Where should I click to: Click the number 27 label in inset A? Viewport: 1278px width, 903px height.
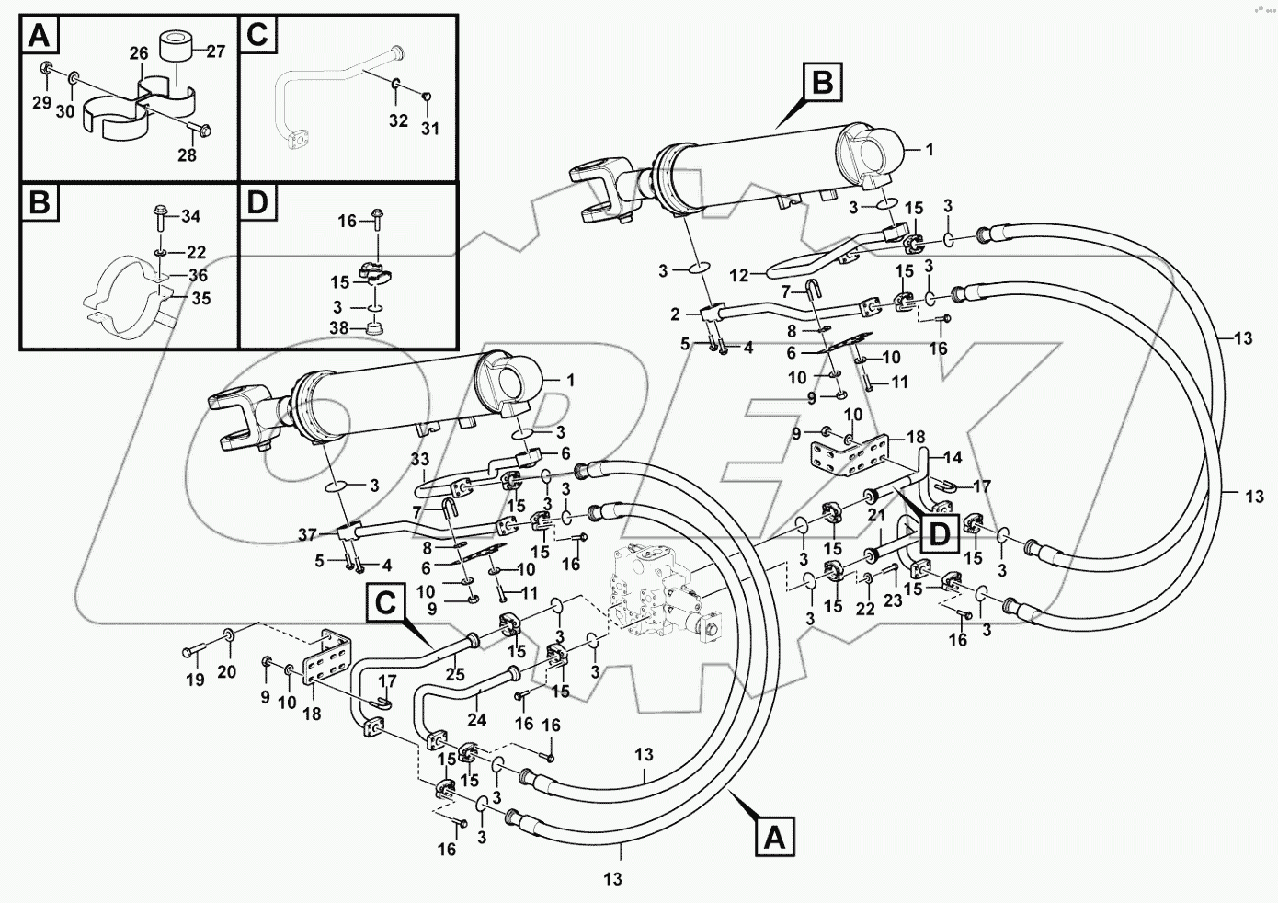point(215,51)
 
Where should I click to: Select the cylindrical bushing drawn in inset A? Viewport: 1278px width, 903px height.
point(175,53)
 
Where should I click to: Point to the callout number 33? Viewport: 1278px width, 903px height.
point(420,459)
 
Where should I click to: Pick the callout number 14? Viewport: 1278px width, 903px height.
point(952,457)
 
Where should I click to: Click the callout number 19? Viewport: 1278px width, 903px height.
point(195,680)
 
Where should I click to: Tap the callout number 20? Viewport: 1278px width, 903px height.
point(226,672)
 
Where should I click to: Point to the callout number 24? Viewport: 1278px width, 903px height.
point(476,721)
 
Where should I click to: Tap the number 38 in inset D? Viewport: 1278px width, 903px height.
point(337,326)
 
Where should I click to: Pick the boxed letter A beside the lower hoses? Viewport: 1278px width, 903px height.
point(774,839)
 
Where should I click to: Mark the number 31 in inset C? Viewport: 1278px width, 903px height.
point(430,128)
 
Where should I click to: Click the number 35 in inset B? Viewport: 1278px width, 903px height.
point(200,298)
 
